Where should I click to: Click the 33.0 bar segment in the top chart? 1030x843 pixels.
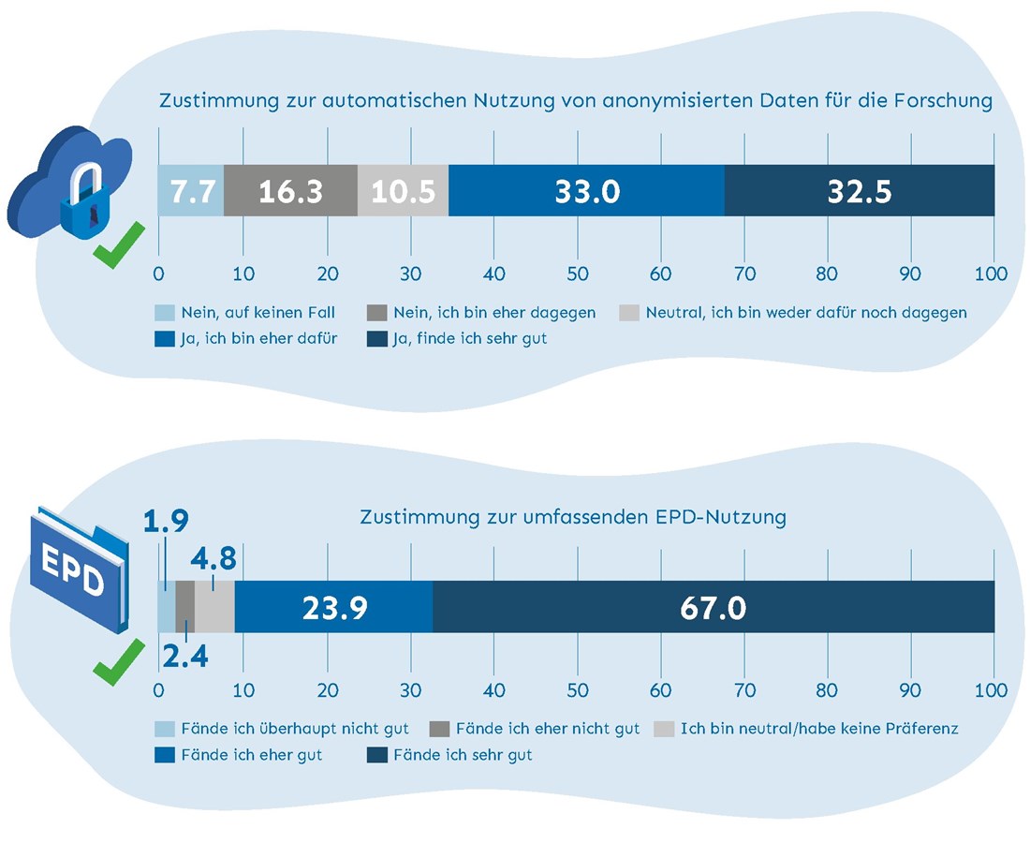(x=586, y=191)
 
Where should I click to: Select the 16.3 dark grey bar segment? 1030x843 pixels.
(x=290, y=191)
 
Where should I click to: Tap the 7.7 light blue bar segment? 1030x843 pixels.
(x=190, y=191)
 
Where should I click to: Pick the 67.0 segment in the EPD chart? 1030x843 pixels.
(x=714, y=607)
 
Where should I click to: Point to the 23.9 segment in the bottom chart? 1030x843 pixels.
(x=333, y=607)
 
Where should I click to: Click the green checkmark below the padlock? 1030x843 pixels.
(x=119, y=245)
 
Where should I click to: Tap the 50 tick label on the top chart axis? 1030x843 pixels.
(x=577, y=274)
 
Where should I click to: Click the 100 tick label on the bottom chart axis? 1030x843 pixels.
(x=991, y=691)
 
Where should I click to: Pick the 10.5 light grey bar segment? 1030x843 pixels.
(x=404, y=191)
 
